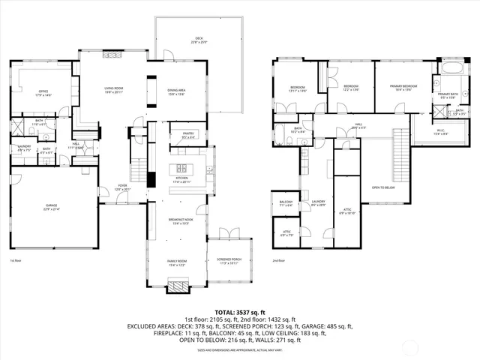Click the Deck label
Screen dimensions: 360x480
pos(198,39)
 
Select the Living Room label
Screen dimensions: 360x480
pos(114,90)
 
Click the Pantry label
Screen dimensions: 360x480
pos(187,136)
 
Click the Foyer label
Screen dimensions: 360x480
pos(121,188)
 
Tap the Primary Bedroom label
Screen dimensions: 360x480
pos(403,88)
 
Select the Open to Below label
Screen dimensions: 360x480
pos(383,188)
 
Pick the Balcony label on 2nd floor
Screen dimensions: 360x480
pos(285,203)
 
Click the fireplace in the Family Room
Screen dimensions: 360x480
pos(178,286)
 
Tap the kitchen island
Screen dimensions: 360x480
pos(182,167)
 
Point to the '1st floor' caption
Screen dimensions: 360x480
pos(15,261)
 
